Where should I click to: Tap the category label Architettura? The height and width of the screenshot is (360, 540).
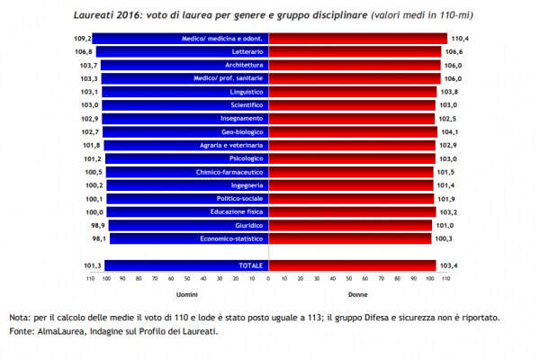point(244,66)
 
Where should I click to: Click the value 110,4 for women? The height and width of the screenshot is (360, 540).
point(460,39)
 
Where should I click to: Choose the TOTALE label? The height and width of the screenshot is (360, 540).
point(249,265)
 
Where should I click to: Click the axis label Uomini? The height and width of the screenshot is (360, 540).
point(187,294)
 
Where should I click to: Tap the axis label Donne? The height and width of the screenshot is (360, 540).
point(358,294)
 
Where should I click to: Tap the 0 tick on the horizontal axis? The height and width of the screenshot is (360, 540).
point(268,280)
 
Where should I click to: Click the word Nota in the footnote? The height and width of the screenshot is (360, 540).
point(21,318)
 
